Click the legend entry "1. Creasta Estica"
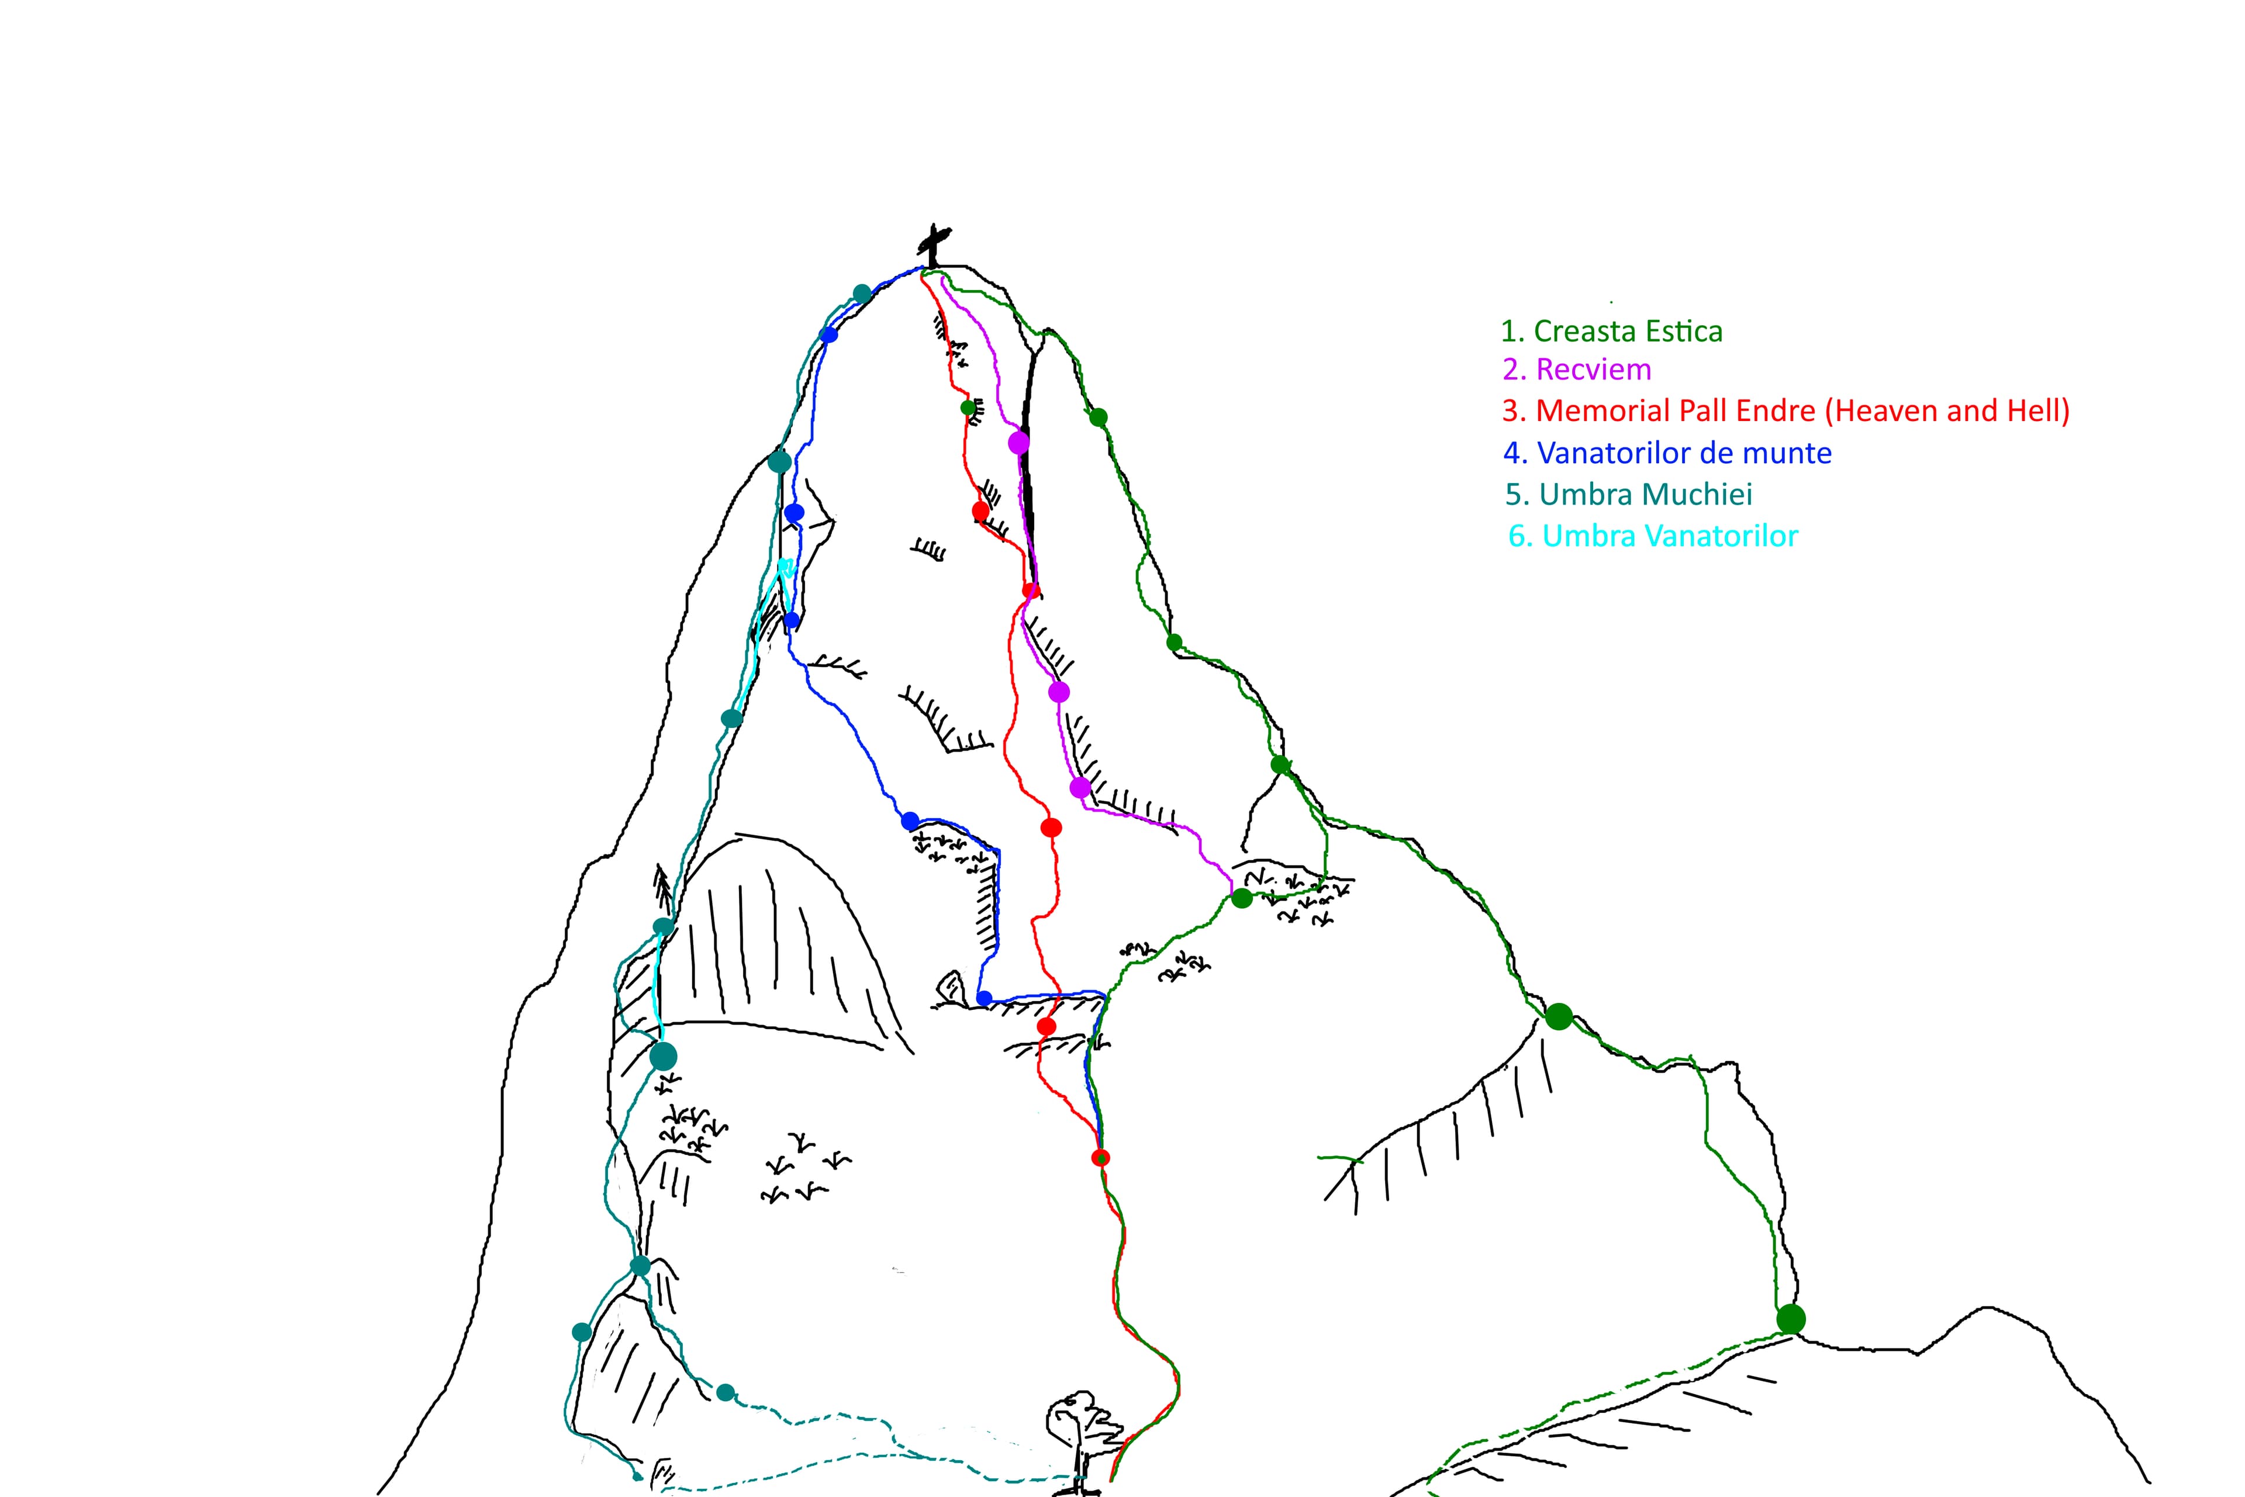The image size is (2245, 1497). click(x=1611, y=332)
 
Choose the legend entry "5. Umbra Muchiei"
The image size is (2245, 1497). click(x=1628, y=495)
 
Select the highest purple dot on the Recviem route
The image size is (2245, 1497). click(x=1018, y=443)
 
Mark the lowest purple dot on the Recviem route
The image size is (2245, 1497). click(x=1080, y=788)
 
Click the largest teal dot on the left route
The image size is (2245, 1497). click(x=662, y=1056)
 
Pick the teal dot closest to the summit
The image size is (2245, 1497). click(x=861, y=293)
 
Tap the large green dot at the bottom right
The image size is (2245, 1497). click(x=1791, y=1319)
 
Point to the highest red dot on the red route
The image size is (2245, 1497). click(x=980, y=511)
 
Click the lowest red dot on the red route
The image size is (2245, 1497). click(x=1100, y=1158)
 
